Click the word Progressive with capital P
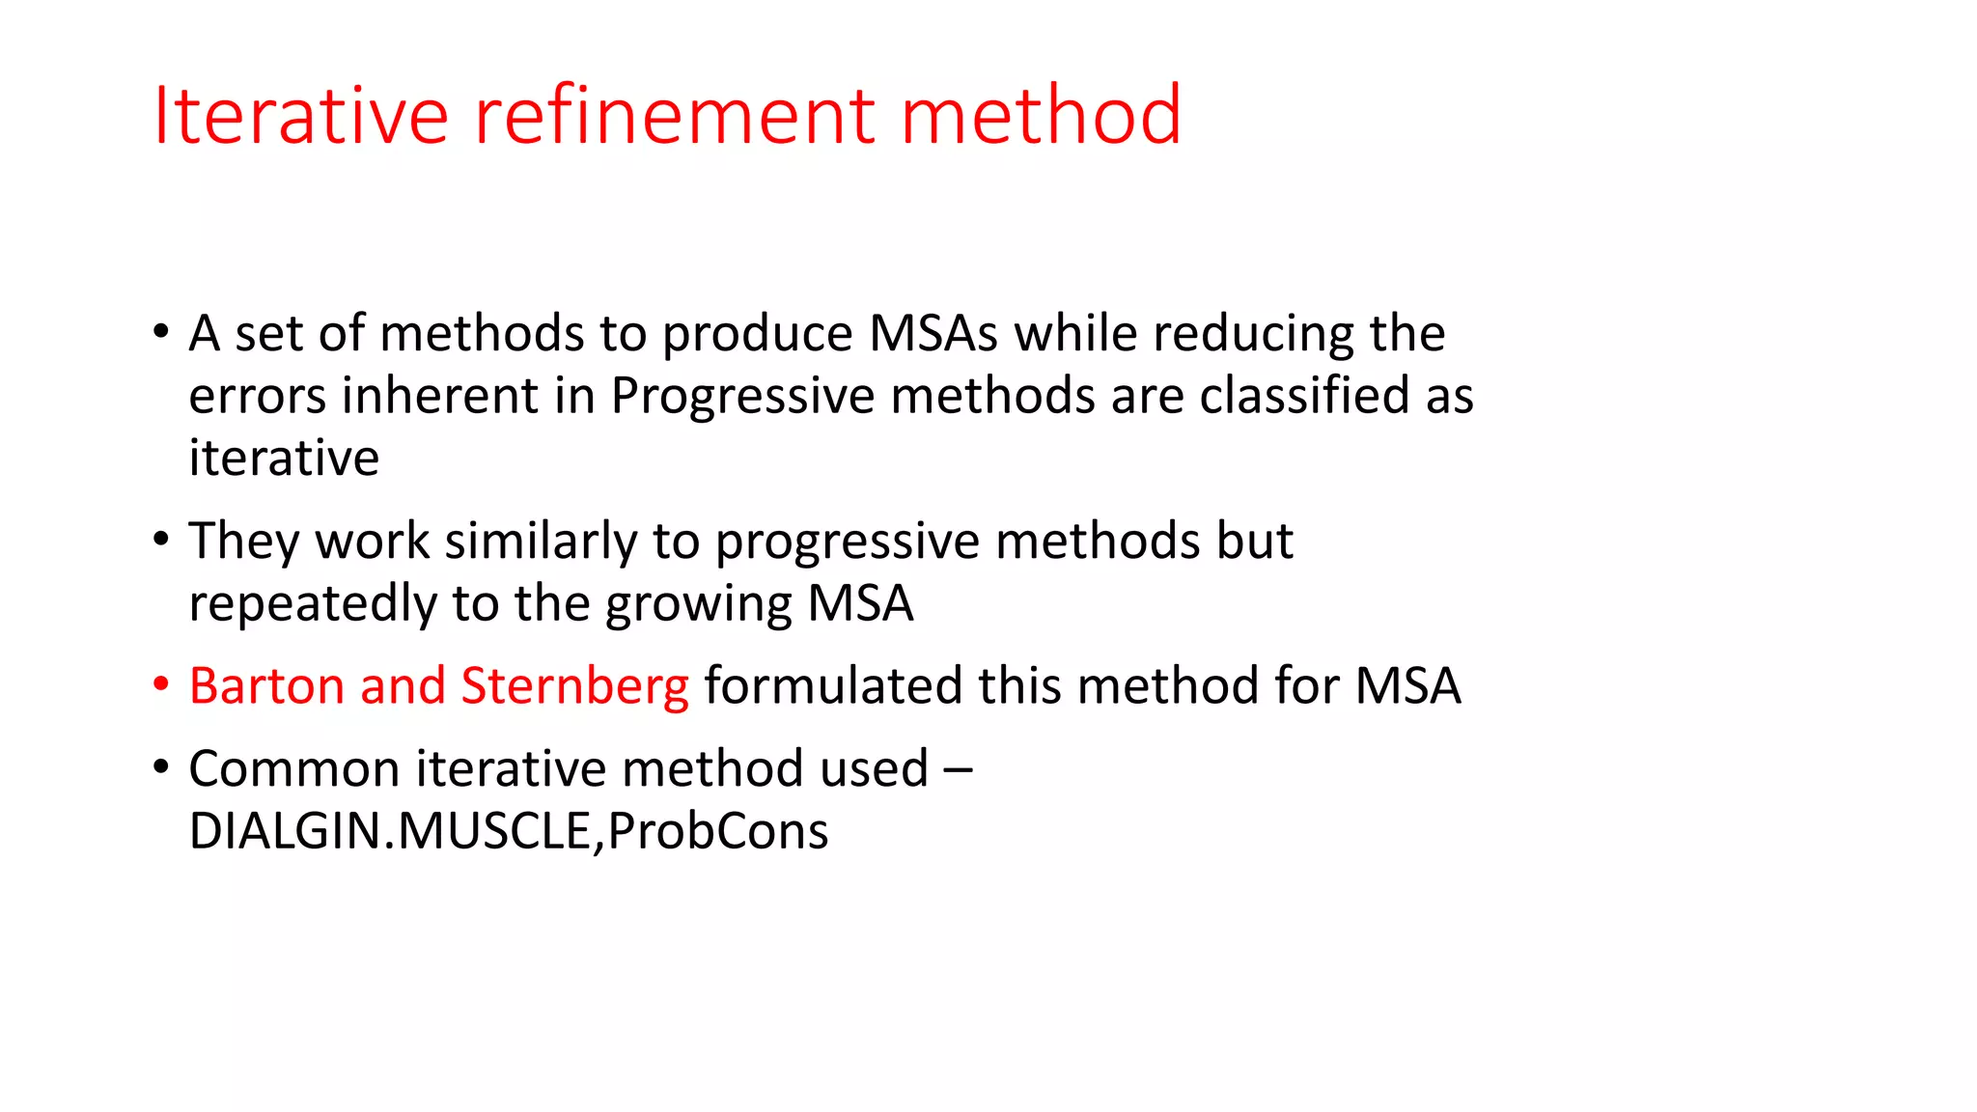coord(741,397)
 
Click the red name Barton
coord(266,686)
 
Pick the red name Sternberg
coord(575,686)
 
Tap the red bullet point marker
coord(161,684)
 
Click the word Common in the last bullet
coord(294,769)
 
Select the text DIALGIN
coord(286,831)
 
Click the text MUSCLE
coord(494,831)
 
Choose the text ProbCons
coord(718,831)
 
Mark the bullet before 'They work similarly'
coord(161,540)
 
